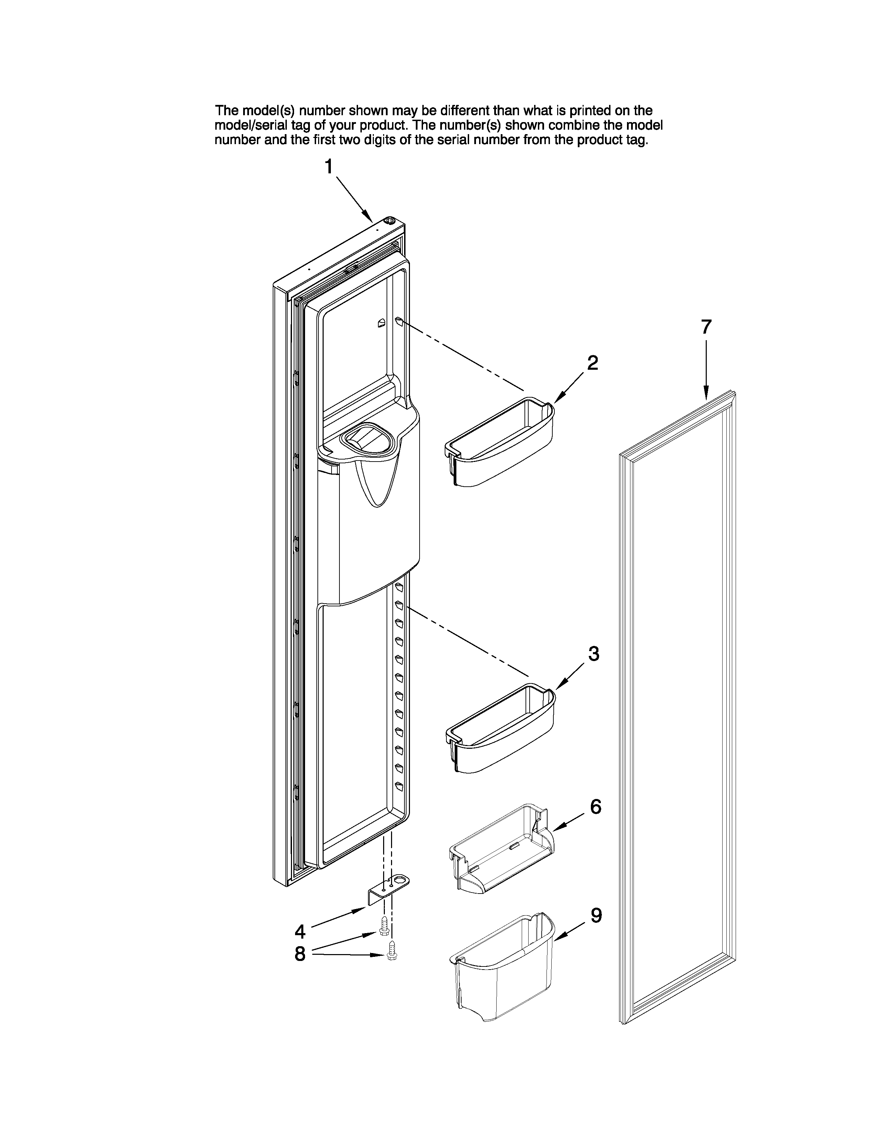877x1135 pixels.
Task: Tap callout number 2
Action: [592, 363]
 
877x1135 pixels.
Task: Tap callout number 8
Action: [300, 954]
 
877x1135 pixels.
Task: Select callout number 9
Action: [596, 916]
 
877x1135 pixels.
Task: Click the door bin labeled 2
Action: [499, 444]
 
